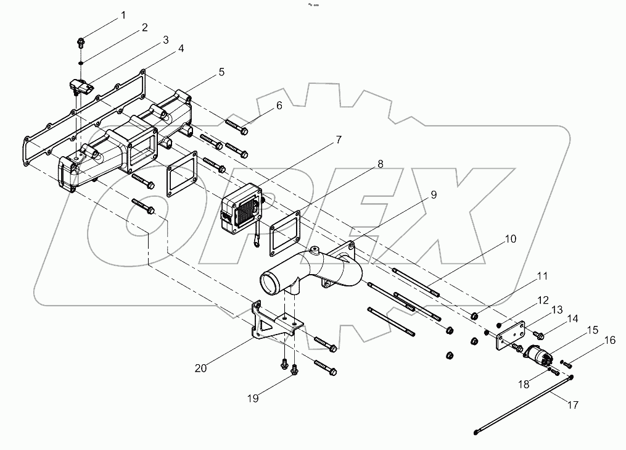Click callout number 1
pyautogui.click(x=123, y=15)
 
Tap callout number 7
pyautogui.click(x=339, y=140)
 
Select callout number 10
pyautogui.click(x=511, y=238)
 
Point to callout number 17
pyautogui.click(x=573, y=406)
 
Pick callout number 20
pyautogui.click(x=200, y=368)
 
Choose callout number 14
pyautogui.click(x=573, y=319)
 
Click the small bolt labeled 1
pyautogui.click(x=81, y=43)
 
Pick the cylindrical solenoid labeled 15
pyautogui.click(x=537, y=356)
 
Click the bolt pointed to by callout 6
pyautogui.click(x=237, y=128)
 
